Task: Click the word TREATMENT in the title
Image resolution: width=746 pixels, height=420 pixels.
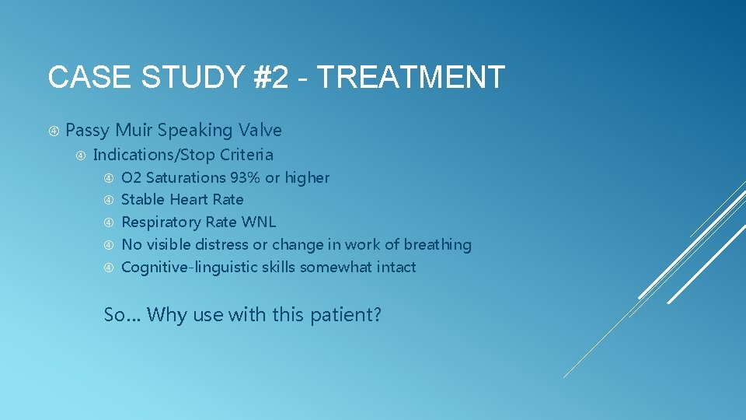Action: pyautogui.click(x=411, y=78)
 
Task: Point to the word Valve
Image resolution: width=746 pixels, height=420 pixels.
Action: pyautogui.click(x=260, y=130)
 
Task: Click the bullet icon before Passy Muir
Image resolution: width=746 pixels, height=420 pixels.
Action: pyautogui.click(x=54, y=130)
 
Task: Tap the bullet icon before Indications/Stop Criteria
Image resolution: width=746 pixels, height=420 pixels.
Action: pyautogui.click(x=80, y=155)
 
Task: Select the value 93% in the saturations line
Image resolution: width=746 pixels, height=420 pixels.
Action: pyautogui.click(x=245, y=178)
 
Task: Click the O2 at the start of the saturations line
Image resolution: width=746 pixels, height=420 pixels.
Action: pyautogui.click(x=131, y=178)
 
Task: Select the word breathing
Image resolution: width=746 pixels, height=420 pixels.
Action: pyautogui.click(x=437, y=245)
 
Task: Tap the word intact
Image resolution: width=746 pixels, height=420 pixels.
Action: pyautogui.click(x=396, y=268)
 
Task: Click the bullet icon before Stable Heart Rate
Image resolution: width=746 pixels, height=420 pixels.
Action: pyautogui.click(x=109, y=201)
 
